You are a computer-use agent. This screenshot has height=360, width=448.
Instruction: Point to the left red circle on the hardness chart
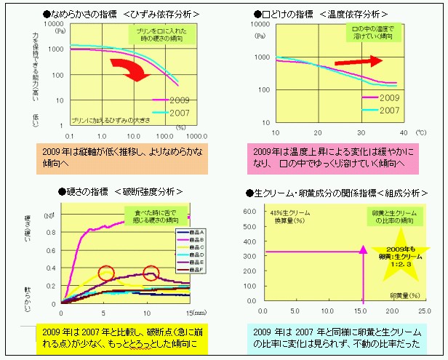tap(107, 273)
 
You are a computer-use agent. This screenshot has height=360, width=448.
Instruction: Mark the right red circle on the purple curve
tap(151, 273)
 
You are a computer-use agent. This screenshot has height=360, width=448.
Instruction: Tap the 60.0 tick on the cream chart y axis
tap(248, 212)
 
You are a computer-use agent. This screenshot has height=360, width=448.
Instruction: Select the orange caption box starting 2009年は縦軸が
tap(121, 158)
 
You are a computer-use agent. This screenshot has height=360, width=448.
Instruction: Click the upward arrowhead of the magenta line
tap(361, 250)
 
